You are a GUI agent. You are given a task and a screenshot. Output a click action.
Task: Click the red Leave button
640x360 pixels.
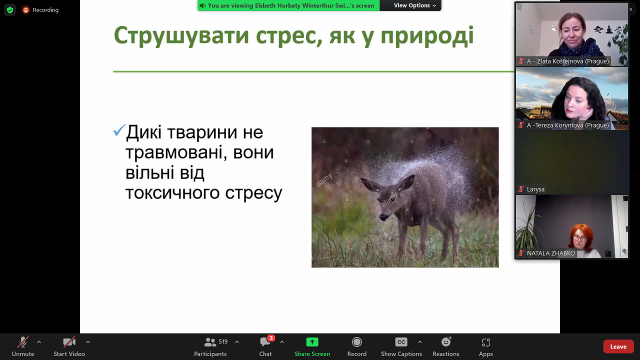pos(618,346)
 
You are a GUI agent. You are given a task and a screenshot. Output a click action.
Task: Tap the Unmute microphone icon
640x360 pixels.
pos(23,342)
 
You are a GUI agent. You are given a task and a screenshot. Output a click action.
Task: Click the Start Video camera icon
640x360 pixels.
pos(69,342)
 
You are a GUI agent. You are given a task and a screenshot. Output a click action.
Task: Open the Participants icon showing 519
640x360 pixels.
pos(210,342)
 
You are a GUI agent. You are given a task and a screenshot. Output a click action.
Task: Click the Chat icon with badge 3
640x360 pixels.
pos(265,341)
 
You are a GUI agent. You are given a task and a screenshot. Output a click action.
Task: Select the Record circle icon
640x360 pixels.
pos(357,342)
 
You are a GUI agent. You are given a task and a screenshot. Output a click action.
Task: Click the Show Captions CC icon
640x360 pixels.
pos(401,342)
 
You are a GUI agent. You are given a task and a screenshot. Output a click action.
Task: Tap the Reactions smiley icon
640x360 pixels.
pos(446,341)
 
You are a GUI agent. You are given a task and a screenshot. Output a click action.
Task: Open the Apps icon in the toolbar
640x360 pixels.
pos(485,342)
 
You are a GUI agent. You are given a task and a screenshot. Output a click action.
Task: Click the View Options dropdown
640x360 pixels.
pos(414,5)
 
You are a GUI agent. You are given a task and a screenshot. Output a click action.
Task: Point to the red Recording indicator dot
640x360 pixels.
pos(25,10)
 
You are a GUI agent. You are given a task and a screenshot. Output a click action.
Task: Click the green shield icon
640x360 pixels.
pos(10,10)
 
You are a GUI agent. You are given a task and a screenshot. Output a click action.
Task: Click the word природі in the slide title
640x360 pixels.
pos(427,36)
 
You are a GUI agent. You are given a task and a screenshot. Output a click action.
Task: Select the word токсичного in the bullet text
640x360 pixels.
pos(172,193)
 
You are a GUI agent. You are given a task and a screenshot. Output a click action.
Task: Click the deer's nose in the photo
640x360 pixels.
pos(383,217)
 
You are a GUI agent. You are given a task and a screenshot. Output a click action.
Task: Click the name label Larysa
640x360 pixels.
pos(535,189)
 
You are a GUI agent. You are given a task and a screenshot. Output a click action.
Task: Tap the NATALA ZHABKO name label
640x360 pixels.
pos(551,253)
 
